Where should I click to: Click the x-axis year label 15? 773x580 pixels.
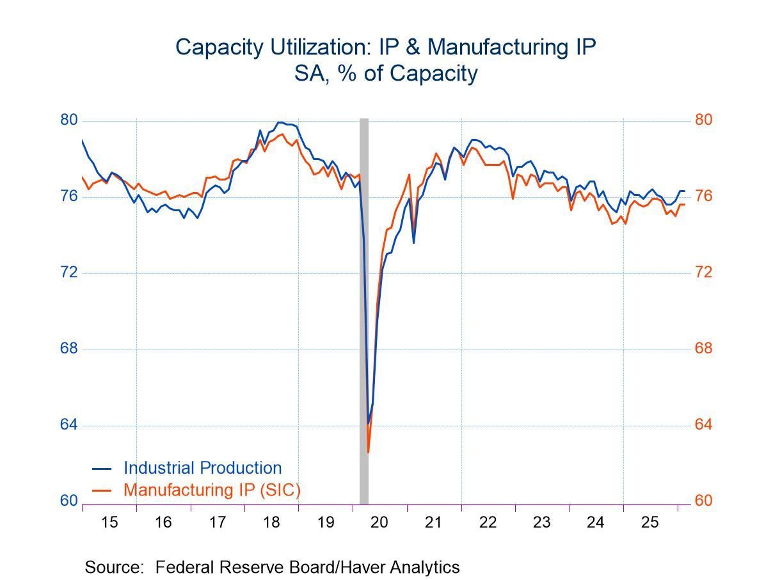tap(109, 522)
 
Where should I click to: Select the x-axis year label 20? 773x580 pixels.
tap(379, 522)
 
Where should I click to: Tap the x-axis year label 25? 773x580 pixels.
tap(649, 522)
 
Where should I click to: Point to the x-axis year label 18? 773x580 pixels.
tap(271, 522)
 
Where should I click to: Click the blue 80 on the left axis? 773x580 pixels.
tap(68, 120)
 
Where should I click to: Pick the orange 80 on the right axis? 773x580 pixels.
tap(703, 120)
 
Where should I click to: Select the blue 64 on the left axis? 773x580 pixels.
tap(68, 425)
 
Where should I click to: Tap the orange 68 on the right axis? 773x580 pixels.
tap(703, 349)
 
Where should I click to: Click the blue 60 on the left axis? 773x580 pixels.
tap(68, 501)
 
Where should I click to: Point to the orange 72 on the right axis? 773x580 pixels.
tap(703, 273)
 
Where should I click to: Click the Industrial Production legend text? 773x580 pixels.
tap(202, 468)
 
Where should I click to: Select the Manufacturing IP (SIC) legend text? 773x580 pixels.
tap(212, 490)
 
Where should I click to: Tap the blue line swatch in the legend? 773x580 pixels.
tap(102, 469)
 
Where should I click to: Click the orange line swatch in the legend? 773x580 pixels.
tap(102, 490)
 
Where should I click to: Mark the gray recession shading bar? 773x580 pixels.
tap(364, 307)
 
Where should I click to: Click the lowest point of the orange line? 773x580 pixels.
tap(369, 452)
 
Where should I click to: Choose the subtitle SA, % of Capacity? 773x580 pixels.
tap(386, 74)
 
